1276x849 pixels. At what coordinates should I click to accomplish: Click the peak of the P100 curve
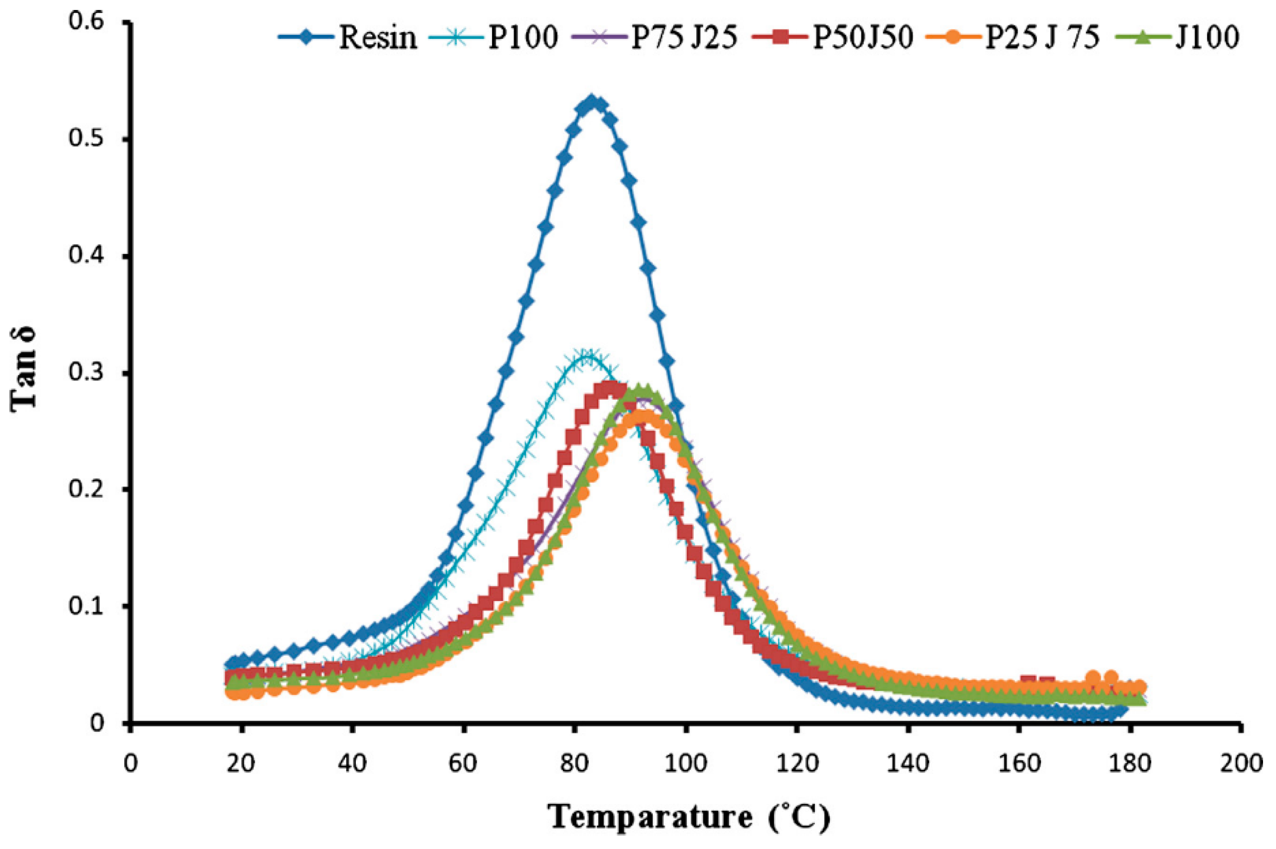pos(586,356)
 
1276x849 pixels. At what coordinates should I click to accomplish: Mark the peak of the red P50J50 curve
pos(610,388)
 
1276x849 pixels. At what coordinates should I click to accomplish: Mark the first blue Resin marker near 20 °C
pos(232,663)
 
